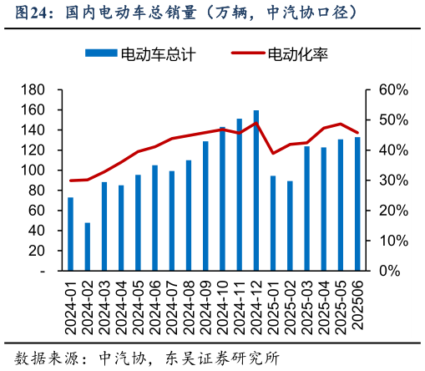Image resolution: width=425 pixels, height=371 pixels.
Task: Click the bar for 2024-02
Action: (x=88, y=246)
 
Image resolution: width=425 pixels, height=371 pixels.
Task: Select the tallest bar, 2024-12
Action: (x=256, y=191)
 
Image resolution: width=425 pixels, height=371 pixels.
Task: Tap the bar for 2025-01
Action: (x=273, y=223)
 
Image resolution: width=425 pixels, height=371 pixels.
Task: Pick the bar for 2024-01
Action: (x=70, y=234)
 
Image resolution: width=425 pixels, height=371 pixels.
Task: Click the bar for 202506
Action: (x=357, y=204)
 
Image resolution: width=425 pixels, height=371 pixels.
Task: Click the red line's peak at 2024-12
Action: (x=256, y=124)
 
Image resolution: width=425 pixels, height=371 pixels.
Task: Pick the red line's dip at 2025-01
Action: (x=273, y=153)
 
